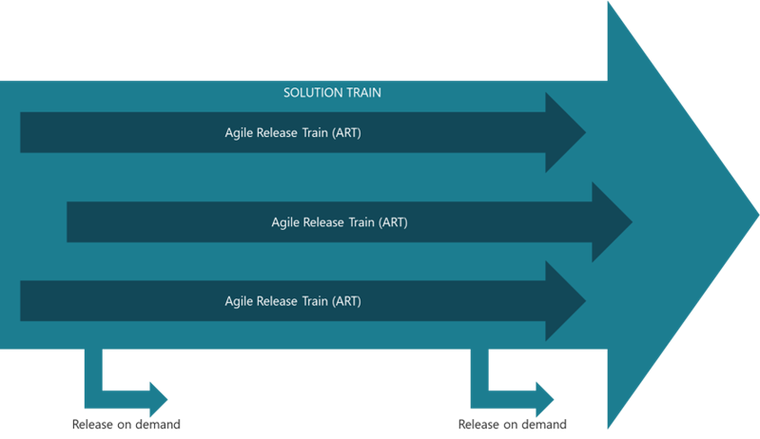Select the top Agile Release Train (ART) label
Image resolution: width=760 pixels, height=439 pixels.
click(292, 133)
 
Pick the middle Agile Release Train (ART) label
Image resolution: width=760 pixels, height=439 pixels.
click(340, 222)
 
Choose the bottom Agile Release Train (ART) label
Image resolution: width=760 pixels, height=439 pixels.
click(292, 301)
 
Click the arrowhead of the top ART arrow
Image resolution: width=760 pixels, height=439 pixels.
click(565, 133)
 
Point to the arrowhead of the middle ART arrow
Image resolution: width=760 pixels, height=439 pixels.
click(612, 222)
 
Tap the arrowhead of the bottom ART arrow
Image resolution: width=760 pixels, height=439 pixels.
click(565, 301)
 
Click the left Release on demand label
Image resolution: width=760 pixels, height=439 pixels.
click(127, 424)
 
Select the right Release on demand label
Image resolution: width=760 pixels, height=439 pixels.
click(513, 424)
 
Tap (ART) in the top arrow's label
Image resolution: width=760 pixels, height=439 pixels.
click(343, 133)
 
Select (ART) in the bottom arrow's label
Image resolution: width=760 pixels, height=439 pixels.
click(343, 301)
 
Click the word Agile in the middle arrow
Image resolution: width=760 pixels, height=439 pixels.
click(285, 222)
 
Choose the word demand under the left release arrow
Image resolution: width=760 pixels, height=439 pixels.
click(159, 424)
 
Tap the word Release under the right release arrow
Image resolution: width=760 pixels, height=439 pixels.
click(477, 424)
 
